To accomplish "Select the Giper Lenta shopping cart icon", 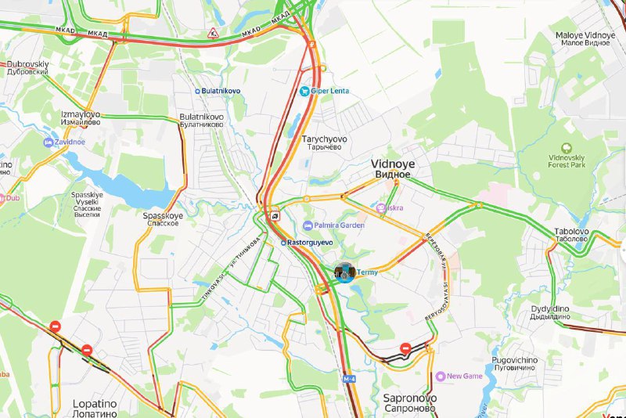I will pos(304,91).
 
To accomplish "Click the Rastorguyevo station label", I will pos(311,243).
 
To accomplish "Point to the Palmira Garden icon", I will pos(308,225).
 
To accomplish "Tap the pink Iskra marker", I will pos(381,208).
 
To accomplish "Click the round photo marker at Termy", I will pos(346,272).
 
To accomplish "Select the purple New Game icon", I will pos(441,377).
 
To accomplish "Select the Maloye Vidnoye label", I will pos(585,40).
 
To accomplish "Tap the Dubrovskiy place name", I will pos(28,67).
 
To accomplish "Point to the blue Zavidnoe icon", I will pos(48,142).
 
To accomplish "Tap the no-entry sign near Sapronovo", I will pos(405,348).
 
